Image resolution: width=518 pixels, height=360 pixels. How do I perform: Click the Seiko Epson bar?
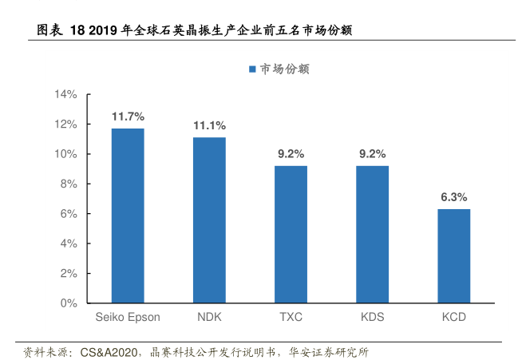point(128,216)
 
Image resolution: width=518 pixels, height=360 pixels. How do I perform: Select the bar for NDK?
point(209,220)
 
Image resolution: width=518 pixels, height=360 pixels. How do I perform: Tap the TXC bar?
point(291,235)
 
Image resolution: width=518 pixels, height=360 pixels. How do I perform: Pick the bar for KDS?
point(372,235)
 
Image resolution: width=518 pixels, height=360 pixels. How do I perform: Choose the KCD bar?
point(453,256)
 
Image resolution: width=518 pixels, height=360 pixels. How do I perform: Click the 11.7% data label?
point(128,117)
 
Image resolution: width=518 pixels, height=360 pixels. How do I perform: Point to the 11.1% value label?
point(209,125)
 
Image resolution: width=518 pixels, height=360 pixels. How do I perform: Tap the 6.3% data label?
point(453,197)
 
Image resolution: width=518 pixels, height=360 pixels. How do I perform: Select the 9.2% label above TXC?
point(291,154)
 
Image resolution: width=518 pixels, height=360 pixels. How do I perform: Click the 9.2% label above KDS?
point(372,154)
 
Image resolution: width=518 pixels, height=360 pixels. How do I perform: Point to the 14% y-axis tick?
point(65,95)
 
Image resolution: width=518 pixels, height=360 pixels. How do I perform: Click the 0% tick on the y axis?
point(69,303)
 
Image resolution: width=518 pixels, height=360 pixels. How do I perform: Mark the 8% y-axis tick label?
point(69,184)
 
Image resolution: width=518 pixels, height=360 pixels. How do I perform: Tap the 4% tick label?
point(69,243)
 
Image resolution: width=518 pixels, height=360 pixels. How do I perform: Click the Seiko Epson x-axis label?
point(128,317)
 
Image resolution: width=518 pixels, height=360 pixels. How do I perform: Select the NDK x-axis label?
point(209,317)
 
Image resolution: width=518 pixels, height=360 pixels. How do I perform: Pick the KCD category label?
point(453,317)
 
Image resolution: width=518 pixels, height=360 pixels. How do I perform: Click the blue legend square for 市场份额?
point(252,69)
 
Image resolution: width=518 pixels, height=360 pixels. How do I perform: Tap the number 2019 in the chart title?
point(103,31)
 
